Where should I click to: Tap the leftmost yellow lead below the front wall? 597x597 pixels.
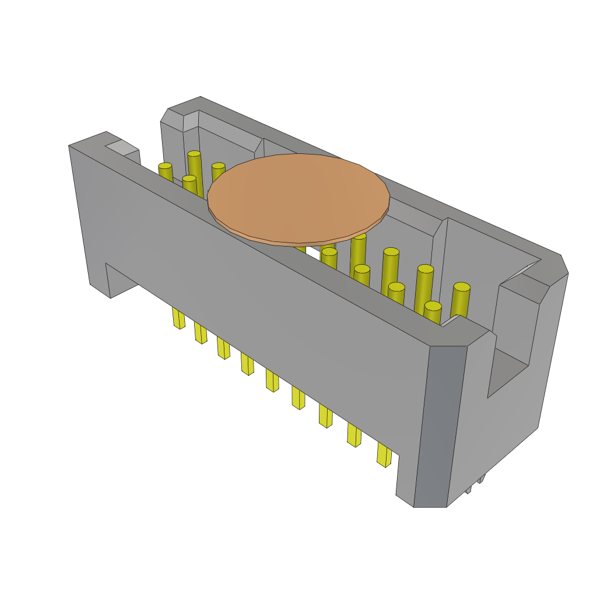pyautogui.click(x=178, y=318)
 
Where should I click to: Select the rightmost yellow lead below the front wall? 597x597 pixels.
pyautogui.click(x=384, y=455)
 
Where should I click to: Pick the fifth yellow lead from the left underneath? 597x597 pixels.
pyautogui.click(x=272, y=380)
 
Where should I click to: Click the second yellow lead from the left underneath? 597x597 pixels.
pyautogui.click(x=201, y=333)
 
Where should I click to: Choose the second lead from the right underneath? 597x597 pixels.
pyautogui.click(x=354, y=435)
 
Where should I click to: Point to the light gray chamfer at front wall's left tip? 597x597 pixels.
pyautogui.click(x=122, y=147)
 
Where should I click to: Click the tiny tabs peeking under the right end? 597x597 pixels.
pyautogui.click(x=475, y=484)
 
